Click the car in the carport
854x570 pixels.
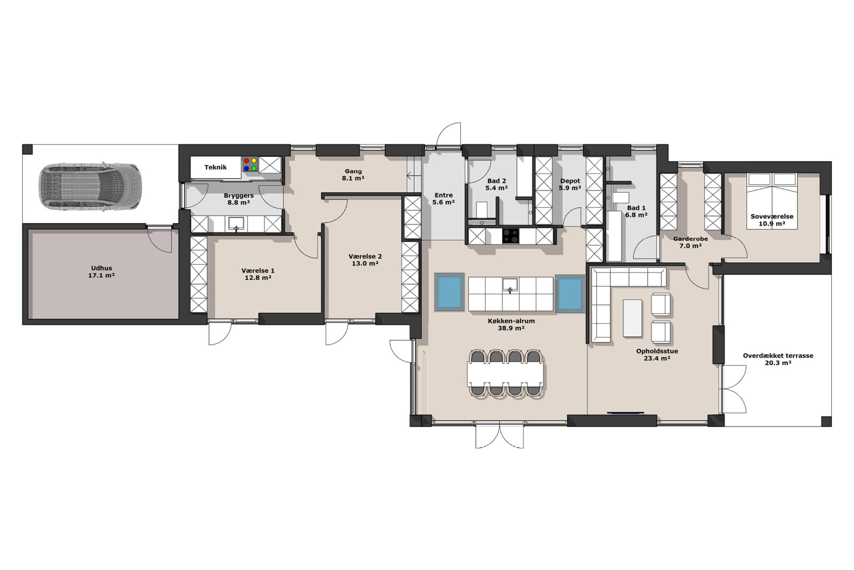90,187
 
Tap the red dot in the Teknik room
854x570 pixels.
246,161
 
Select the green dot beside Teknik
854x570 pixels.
254,168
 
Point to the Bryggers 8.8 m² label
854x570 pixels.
239,199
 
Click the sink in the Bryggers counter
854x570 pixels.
236,224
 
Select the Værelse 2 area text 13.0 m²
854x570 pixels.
365,264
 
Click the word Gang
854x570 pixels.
353,171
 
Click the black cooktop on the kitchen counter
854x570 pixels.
511,236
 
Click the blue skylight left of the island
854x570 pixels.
449,292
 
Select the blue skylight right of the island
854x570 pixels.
570,293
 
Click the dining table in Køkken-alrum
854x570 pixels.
506,373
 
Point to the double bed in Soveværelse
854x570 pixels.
771,201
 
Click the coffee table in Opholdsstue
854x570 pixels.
632,318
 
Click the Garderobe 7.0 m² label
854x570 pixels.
690,242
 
